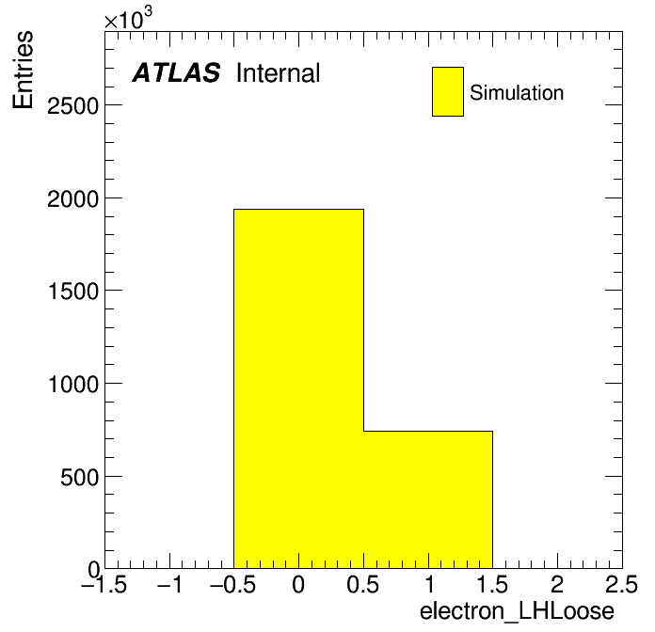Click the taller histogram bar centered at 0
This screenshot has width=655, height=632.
point(298,388)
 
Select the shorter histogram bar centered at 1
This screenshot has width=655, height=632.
point(428,499)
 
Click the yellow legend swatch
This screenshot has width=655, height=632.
point(448,91)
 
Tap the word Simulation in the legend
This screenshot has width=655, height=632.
point(517,93)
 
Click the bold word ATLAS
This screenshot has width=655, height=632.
point(176,72)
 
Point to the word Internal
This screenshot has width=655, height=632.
point(279,72)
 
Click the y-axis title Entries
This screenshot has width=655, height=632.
point(23,70)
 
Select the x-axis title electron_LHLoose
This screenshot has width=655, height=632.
point(518,611)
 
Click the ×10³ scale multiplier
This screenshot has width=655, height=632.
point(128,18)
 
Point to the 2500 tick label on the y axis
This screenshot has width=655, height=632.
point(73,106)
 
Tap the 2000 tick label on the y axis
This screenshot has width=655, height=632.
point(73,199)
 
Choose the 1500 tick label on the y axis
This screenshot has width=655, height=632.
point(73,292)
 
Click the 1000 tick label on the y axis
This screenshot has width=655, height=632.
point(73,384)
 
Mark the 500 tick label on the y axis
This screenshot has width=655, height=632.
point(80,477)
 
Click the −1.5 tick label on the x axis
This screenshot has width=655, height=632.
point(104,584)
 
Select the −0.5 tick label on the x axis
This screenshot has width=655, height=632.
point(233,584)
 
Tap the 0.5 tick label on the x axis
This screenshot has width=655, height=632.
point(363,584)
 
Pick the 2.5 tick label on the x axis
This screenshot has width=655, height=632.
point(622,584)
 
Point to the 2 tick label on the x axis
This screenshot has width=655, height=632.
point(557,584)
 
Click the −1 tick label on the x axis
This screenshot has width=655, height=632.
point(169,584)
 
